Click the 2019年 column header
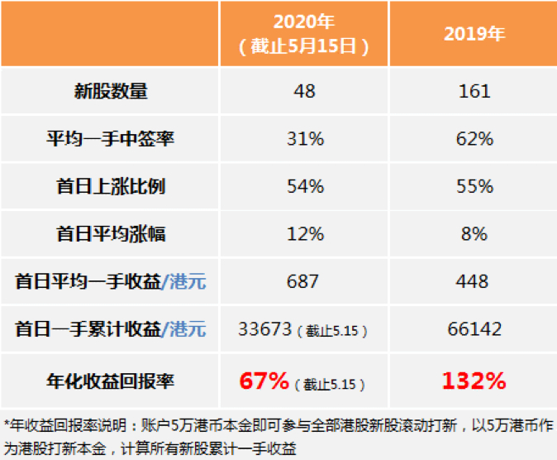pyautogui.click(x=474, y=35)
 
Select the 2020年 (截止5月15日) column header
pyautogui.click(x=304, y=35)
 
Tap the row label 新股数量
pyautogui.click(x=111, y=92)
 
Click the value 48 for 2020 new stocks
pyautogui.click(x=304, y=92)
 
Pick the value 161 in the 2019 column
pyautogui.click(x=474, y=92)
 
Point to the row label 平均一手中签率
pyautogui.click(x=111, y=139)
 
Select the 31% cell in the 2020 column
pyautogui.click(x=304, y=139)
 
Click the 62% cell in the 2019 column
pyautogui.click(x=474, y=139)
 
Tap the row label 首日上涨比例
pyautogui.click(x=111, y=187)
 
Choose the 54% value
pyautogui.click(x=304, y=187)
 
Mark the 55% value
pyautogui.click(x=474, y=187)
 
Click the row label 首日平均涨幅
pyautogui.click(x=111, y=234)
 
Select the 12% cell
pyautogui.click(x=304, y=234)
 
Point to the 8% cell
pyautogui.click(x=474, y=234)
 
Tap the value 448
pyautogui.click(x=474, y=282)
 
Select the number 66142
pyautogui.click(x=474, y=330)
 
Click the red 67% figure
pyautogui.click(x=264, y=381)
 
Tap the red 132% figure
pyautogui.click(x=473, y=381)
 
